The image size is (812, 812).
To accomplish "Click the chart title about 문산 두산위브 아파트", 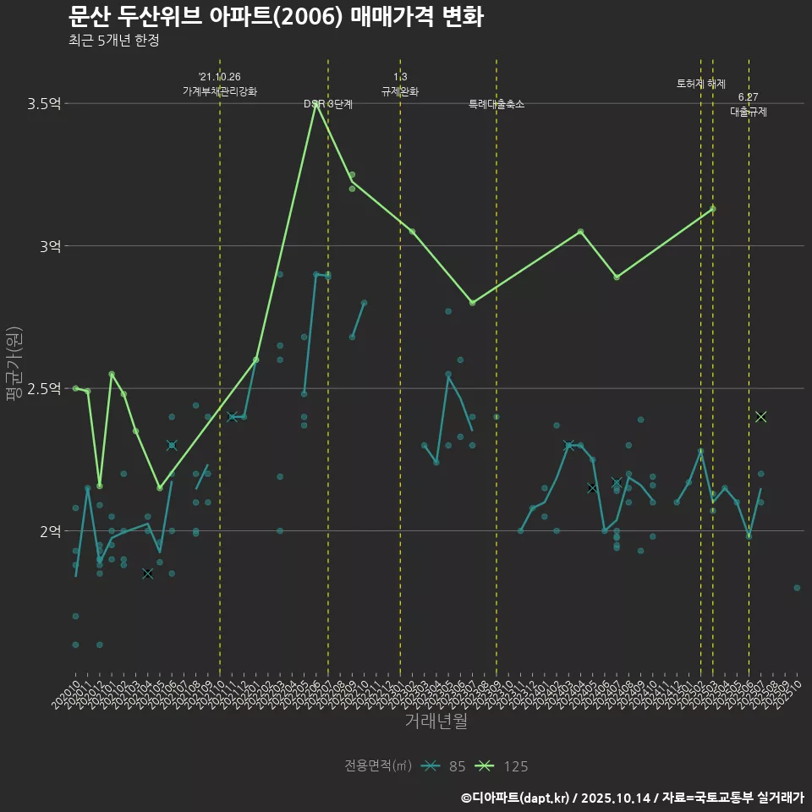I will tap(276, 16).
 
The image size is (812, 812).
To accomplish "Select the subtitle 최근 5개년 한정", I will tap(114, 40).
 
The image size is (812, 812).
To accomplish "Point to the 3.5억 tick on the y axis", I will tap(44, 104).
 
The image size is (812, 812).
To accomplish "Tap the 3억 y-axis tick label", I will tap(50, 246).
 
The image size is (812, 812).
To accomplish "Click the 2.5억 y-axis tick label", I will tap(44, 388).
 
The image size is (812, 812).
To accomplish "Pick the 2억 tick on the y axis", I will tap(50, 530).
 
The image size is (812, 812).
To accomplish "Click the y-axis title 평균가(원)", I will tap(14, 365).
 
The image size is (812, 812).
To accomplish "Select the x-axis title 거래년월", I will tap(436, 721).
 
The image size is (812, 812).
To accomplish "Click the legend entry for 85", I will tap(445, 766).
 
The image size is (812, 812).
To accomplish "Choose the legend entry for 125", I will tap(504, 766).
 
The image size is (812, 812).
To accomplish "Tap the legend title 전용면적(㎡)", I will tap(378, 766).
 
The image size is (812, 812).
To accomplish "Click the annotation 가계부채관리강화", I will tap(220, 91).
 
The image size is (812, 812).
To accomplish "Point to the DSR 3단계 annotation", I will tap(328, 104).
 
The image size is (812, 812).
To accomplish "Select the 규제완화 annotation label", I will tap(400, 91).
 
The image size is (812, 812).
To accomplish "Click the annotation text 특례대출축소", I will tap(497, 104).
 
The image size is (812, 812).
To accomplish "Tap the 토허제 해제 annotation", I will tap(701, 84).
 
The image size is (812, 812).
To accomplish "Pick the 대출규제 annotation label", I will tap(749, 112).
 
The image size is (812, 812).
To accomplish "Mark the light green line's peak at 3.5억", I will tap(316, 104).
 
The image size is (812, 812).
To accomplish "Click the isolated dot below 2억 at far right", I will tap(797, 587).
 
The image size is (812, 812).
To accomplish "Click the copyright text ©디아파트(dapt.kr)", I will tap(517, 797).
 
